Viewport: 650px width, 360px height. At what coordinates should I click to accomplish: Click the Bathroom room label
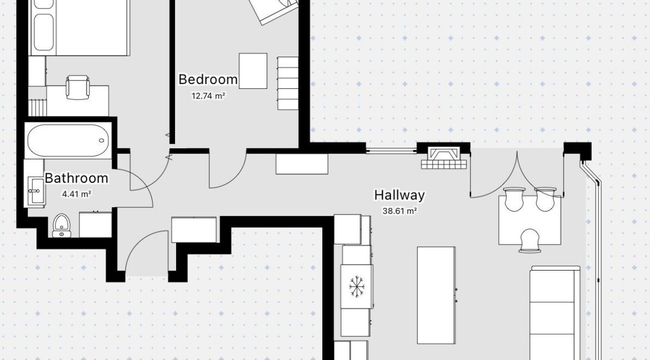[76, 178]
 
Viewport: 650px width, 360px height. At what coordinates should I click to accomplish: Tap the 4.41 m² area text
[77, 194]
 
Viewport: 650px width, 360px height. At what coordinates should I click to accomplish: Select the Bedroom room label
[208, 79]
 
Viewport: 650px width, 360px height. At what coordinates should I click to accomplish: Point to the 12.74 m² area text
[208, 96]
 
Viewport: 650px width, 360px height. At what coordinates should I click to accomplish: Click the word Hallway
[399, 196]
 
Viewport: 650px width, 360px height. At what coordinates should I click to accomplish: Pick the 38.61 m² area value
[399, 211]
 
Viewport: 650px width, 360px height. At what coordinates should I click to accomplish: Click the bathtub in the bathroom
[68, 141]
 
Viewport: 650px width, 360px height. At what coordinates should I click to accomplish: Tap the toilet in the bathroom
[61, 225]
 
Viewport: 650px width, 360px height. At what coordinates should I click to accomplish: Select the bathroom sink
[35, 191]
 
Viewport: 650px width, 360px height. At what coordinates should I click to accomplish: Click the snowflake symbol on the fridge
[357, 287]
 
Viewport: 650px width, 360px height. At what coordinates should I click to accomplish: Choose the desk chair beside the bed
[78, 87]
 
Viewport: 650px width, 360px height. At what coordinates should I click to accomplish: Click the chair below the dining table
[530, 241]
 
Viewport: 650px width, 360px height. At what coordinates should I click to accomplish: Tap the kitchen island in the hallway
[436, 296]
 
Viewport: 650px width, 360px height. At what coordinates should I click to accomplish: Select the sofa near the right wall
[555, 313]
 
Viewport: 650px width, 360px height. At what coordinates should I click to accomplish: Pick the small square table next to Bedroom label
[253, 71]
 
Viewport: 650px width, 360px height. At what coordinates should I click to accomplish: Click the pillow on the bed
[43, 32]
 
